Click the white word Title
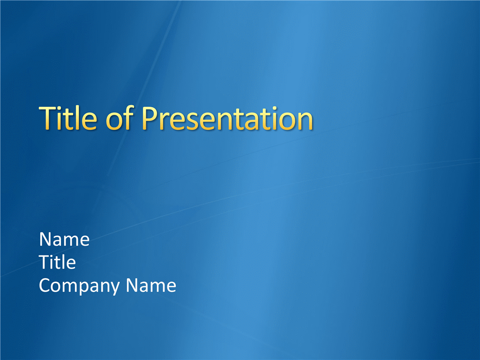pos(57,262)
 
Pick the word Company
pos(79,286)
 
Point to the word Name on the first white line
pos(64,239)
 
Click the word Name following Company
pos(151,285)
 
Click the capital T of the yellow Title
pos(48,118)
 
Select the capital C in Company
pos(45,285)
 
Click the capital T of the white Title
pos(45,262)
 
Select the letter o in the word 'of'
pos(114,121)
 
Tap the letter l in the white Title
pos(63,262)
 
